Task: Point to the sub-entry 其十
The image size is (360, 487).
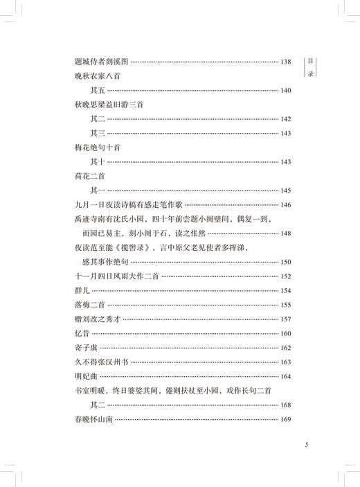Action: tap(98, 161)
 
